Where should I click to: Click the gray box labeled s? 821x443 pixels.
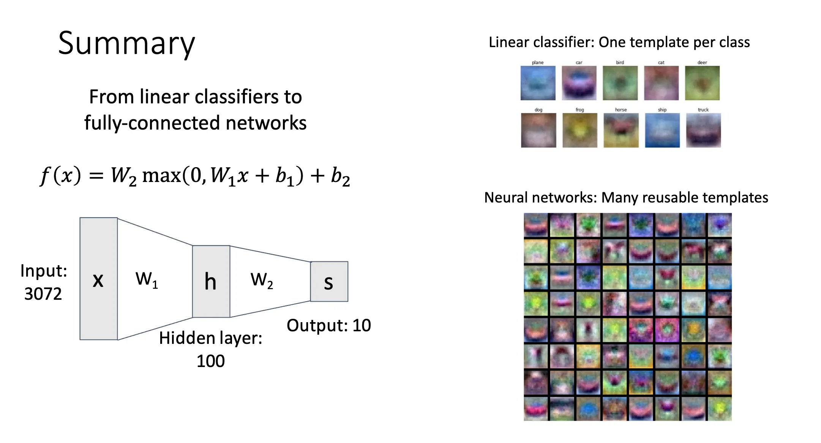click(x=329, y=282)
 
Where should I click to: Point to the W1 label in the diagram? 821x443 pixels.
click(x=147, y=279)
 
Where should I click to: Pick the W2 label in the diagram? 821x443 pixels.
click(x=262, y=280)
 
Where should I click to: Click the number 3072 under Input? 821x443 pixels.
click(x=43, y=294)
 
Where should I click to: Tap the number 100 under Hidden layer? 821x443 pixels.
click(x=210, y=361)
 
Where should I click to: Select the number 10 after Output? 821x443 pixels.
click(x=362, y=326)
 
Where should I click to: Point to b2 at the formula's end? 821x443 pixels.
click(x=340, y=177)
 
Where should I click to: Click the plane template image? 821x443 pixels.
click(x=538, y=83)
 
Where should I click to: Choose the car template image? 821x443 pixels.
click(x=579, y=83)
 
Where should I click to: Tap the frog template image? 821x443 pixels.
click(x=579, y=130)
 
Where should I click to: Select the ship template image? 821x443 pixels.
click(x=662, y=130)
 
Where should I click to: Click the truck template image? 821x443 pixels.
click(x=703, y=130)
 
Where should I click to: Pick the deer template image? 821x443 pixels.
click(x=702, y=83)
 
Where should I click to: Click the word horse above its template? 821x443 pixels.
click(x=621, y=110)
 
